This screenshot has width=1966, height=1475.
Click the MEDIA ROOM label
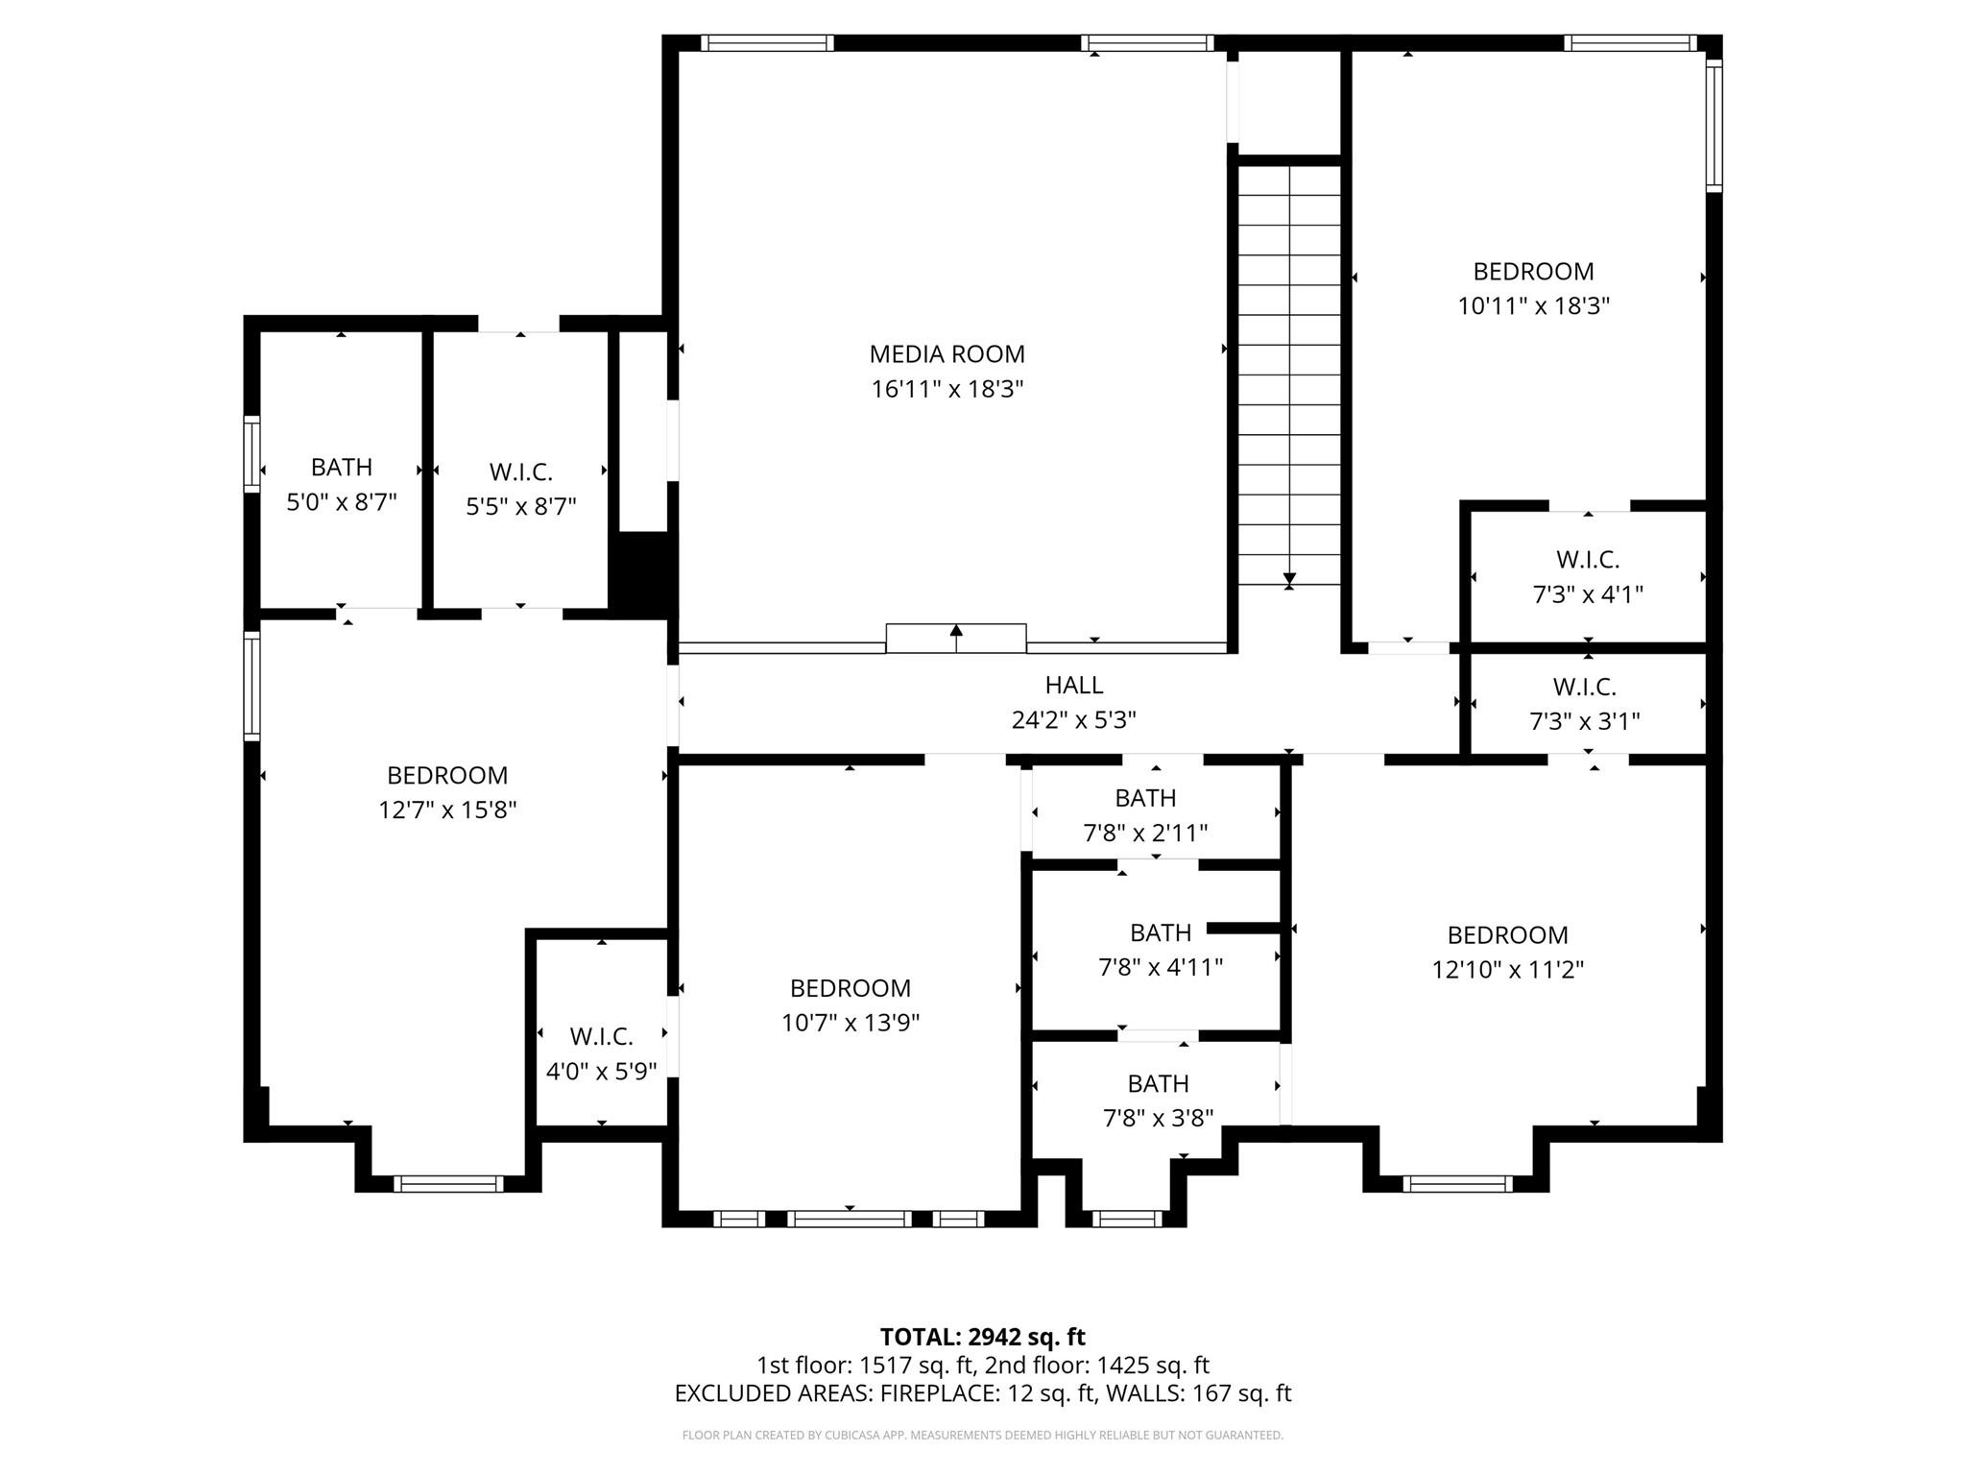coord(947,354)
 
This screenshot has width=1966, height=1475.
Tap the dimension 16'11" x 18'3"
coord(947,389)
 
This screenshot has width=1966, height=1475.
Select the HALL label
coord(1073,685)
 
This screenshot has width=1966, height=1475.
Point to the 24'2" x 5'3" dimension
coord(1073,720)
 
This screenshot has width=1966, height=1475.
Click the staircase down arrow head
coord(1289,580)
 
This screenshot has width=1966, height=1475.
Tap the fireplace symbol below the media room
coord(955,639)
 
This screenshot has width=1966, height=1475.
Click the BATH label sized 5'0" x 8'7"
coord(341,467)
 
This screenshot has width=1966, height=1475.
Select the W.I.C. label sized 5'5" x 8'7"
coord(520,472)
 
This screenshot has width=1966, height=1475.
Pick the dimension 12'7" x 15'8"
coord(447,810)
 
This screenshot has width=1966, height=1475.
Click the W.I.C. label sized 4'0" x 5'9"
coord(601,1036)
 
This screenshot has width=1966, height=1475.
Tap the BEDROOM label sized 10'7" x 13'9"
coord(850,988)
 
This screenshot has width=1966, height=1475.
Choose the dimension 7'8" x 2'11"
coord(1145,833)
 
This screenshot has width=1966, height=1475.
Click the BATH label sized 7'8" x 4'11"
coord(1160,932)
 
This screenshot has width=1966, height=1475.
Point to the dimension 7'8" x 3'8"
coord(1158,1118)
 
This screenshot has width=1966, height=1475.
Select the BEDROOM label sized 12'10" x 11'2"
coord(1507,934)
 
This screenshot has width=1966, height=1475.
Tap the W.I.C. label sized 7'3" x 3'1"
coord(1584,687)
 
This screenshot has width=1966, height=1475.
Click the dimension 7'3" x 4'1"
coord(1588,594)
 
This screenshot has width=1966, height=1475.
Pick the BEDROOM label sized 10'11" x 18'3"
coord(1533,271)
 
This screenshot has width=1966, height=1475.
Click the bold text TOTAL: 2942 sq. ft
coord(982,1337)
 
